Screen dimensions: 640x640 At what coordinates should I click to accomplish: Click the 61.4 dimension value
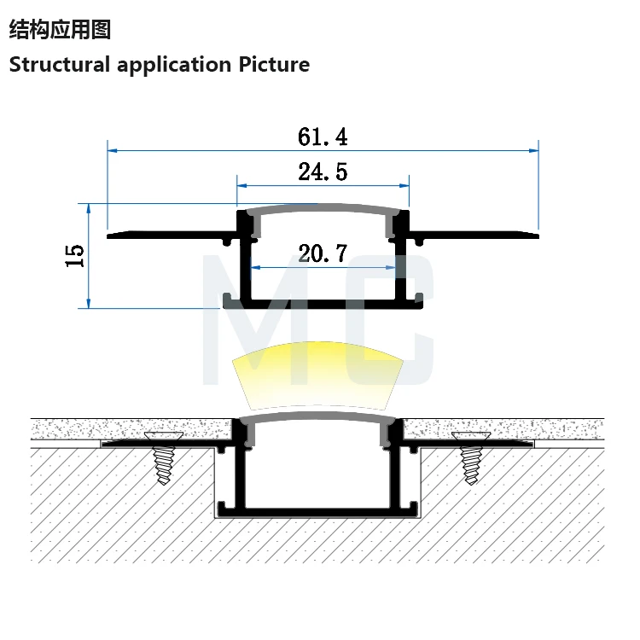(323, 137)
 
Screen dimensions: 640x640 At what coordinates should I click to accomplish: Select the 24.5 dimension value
(323, 172)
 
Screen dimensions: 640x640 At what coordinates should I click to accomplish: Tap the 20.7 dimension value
(323, 253)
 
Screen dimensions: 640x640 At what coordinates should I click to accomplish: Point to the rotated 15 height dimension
(75, 254)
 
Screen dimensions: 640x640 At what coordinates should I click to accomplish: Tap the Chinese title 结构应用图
(60, 30)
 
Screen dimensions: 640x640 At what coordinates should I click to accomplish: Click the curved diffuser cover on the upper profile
(323, 207)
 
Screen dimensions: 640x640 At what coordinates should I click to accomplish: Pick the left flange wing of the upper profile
(171, 232)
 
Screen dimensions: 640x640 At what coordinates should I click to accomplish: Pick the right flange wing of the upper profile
(474, 232)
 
